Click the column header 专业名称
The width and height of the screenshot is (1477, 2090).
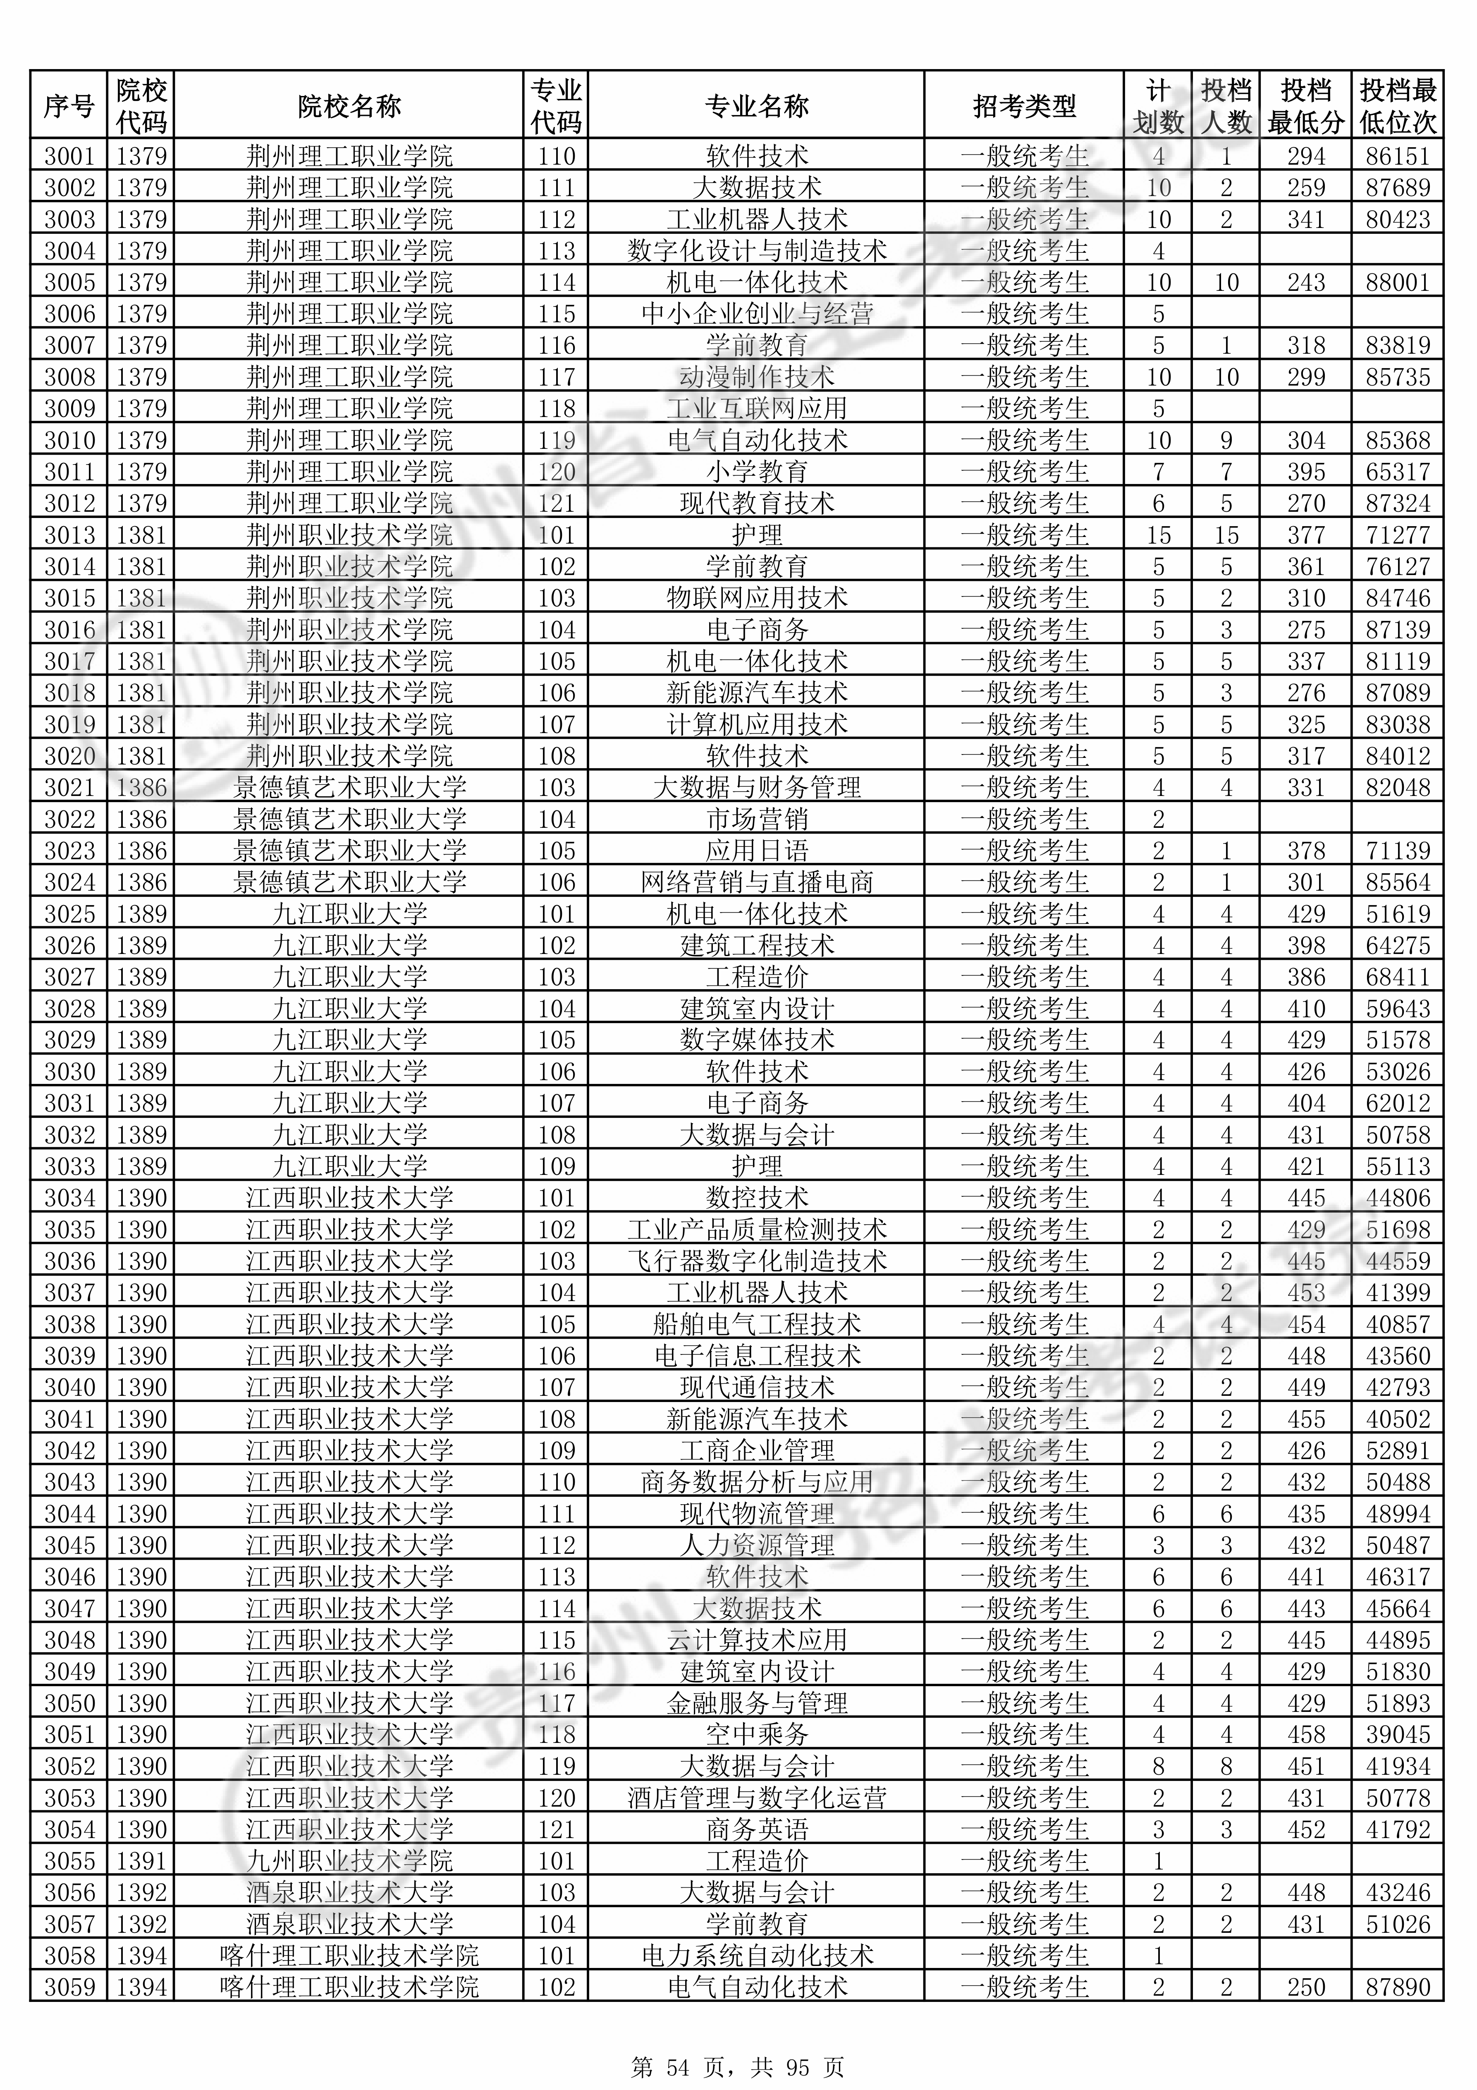[756, 106]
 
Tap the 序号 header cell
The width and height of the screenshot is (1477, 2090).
[69, 106]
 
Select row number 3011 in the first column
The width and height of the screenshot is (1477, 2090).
[69, 472]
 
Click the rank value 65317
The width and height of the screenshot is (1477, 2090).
[1398, 472]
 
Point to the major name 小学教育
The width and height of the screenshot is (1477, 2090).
[756, 472]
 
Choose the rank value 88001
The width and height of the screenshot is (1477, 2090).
[1398, 282]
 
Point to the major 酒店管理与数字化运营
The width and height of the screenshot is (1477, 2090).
[756, 1798]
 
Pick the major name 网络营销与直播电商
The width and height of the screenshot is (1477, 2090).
[756, 882]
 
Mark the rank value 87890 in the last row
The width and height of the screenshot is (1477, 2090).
[1398, 1987]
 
